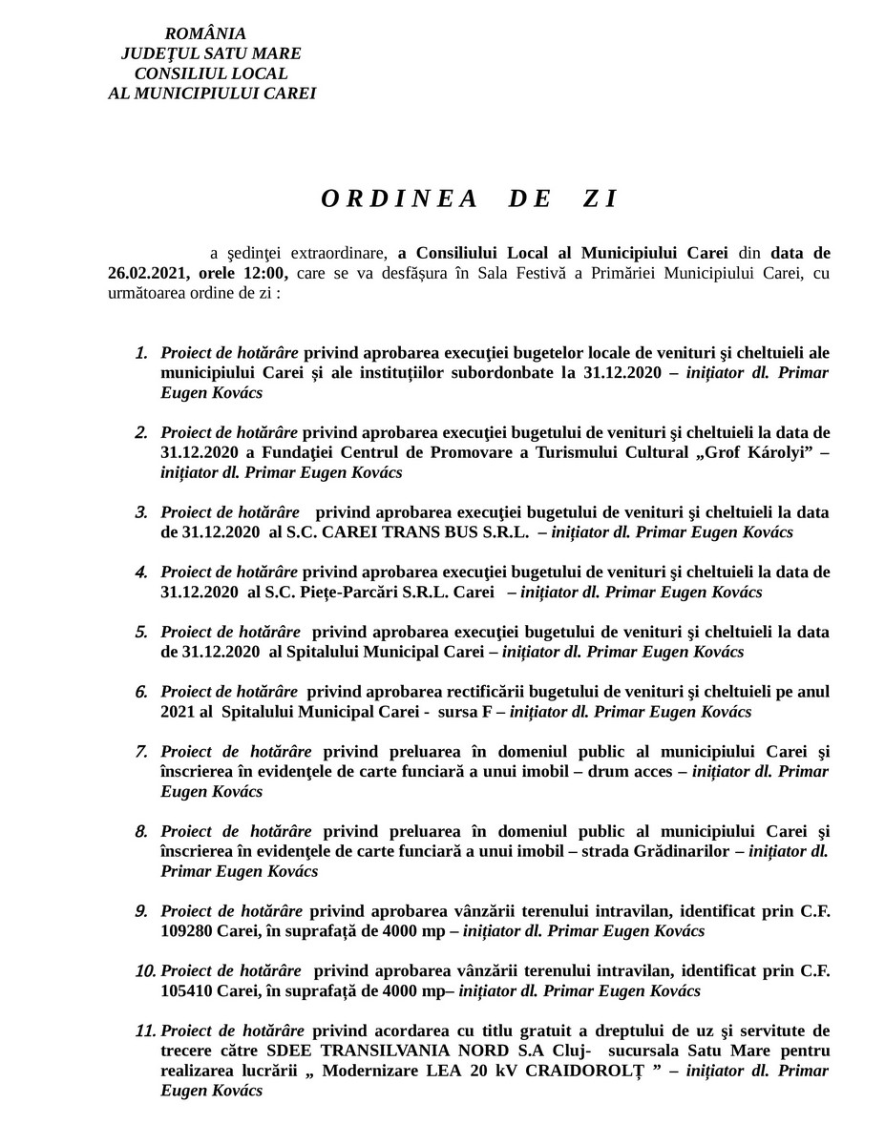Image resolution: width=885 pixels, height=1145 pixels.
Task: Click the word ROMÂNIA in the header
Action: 211,34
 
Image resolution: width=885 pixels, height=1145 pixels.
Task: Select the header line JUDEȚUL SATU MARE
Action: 211,54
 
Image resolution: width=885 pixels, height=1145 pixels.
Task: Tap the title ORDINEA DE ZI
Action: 470,198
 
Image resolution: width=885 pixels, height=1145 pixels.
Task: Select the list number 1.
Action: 140,353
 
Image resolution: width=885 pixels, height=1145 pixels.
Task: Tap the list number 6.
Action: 140,691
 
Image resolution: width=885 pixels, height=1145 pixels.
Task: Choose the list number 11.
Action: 145,1030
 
